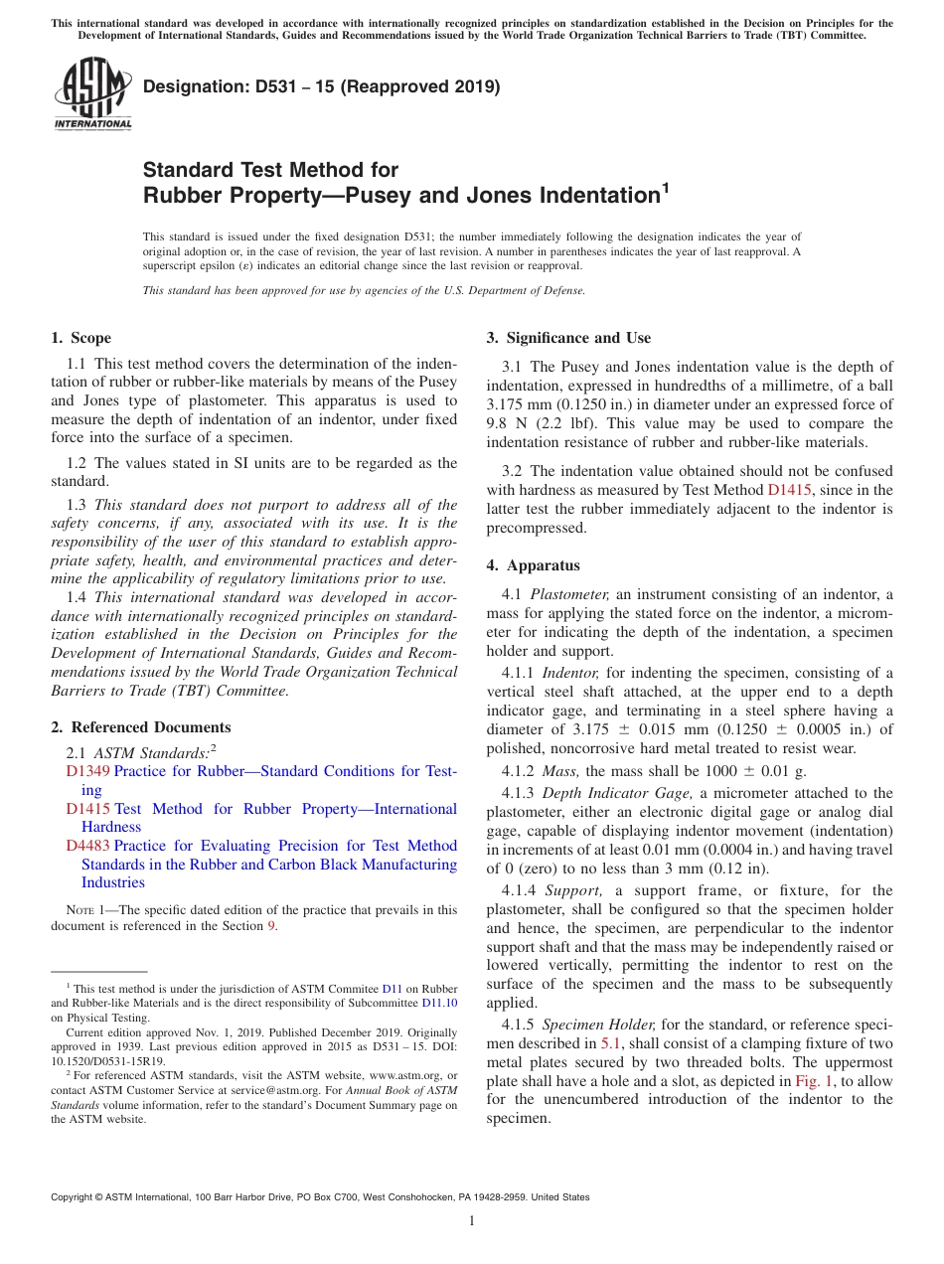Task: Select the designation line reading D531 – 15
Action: (322, 86)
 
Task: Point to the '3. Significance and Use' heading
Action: (568, 338)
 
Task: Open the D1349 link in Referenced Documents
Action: (88, 771)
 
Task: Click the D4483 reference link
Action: (88, 846)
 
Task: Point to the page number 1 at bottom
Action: (472, 1221)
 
